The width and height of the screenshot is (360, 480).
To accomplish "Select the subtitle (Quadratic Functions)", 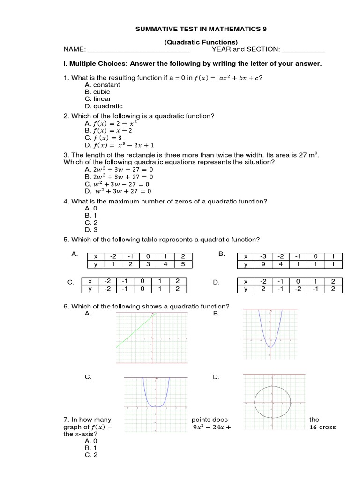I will coord(201,42).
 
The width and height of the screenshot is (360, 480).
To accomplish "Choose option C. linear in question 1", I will coord(98,99).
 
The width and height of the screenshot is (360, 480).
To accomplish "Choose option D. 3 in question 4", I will coord(91,230).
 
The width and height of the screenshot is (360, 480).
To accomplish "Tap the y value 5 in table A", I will coord(183,264).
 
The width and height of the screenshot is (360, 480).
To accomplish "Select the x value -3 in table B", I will coord(264,256).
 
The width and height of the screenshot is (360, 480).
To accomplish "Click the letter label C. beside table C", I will coord(71,282).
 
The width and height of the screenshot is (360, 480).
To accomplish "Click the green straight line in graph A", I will coord(136,331).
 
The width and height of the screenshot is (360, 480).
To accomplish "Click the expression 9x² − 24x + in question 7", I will coord(212,427).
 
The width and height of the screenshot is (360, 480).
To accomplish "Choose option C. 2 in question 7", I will coord(91,455).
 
